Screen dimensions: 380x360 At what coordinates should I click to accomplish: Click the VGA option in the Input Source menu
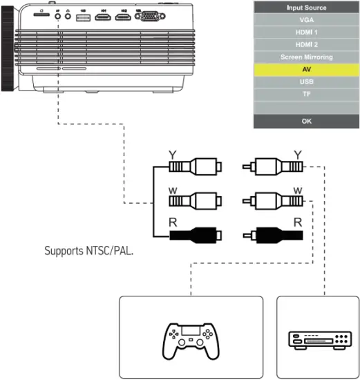click(x=306, y=21)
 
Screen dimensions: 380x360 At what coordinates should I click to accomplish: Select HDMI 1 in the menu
click(x=306, y=33)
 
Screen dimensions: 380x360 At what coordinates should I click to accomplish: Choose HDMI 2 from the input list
click(x=306, y=45)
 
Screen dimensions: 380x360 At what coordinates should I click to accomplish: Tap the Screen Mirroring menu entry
click(x=306, y=57)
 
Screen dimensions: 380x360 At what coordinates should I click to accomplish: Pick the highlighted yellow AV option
click(x=306, y=70)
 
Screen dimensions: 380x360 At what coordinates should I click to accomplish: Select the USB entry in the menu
click(x=306, y=82)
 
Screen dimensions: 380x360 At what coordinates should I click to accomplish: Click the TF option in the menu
click(x=306, y=95)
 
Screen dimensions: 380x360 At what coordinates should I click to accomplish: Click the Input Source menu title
click(x=306, y=8)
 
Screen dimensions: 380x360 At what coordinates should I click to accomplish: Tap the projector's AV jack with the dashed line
click(x=57, y=15)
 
